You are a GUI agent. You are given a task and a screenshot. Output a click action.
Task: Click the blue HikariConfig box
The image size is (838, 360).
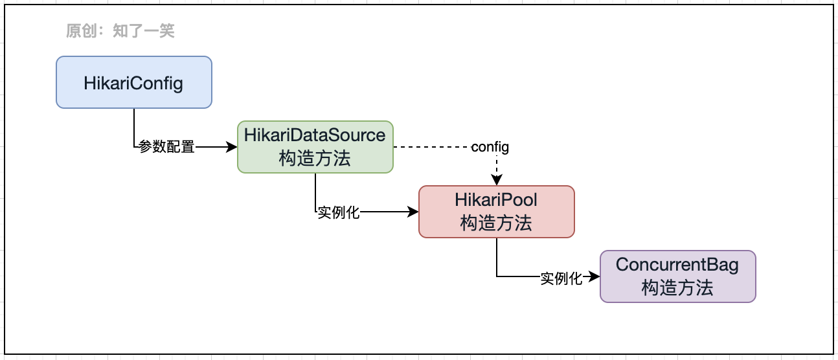(133, 82)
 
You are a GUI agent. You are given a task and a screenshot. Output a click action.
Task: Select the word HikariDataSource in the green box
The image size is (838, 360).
(315, 135)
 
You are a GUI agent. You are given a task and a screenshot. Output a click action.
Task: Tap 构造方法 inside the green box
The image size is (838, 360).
(315, 158)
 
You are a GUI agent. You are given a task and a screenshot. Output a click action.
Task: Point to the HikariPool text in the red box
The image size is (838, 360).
(496, 200)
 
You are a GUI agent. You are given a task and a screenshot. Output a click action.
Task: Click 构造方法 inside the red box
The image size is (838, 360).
(496, 223)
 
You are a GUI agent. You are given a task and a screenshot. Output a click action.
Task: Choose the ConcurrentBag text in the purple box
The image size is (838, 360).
(677, 265)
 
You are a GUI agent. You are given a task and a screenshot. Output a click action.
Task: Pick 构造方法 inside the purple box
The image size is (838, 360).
(677, 287)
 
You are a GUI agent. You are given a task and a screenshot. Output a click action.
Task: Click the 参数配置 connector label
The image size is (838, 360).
(166, 147)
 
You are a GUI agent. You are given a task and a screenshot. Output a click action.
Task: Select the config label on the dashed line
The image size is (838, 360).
(490, 147)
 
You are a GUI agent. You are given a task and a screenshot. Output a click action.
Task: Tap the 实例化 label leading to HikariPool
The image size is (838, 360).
(338, 212)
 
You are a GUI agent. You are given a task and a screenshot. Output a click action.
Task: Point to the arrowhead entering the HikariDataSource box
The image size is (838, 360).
(232, 147)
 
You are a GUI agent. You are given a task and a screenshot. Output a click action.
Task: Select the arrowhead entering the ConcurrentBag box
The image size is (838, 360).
(595, 276)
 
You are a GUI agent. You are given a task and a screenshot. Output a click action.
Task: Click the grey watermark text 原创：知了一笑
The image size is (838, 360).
(120, 30)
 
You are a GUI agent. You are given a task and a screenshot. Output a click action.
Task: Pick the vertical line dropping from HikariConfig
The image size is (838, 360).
(134, 126)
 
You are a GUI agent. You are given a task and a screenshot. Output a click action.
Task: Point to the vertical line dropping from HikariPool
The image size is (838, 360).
(497, 257)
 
